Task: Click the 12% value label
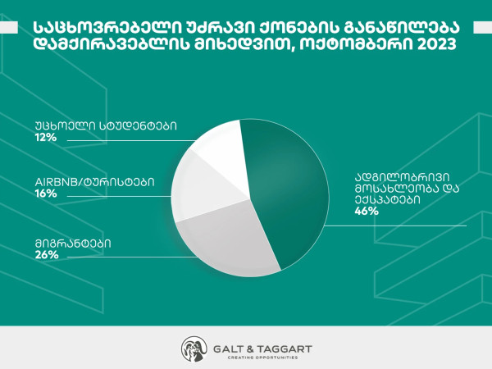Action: pos(46,138)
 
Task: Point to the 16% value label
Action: pos(46,194)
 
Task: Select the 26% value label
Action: pos(47,255)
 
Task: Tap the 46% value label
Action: pos(367,212)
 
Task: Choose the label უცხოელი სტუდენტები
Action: pos(106,125)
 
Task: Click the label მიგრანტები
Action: pos(73,244)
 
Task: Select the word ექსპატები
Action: pos(387,200)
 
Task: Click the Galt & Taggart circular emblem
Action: pos(194,349)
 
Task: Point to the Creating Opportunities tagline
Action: pos(262,358)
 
